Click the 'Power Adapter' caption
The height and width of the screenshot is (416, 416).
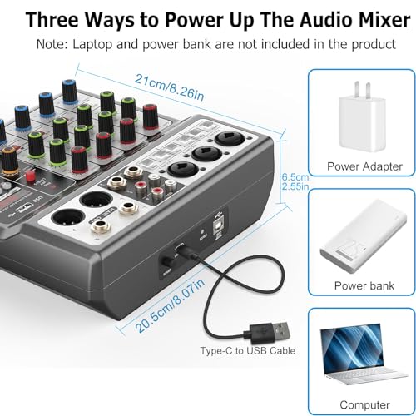pos(359,166)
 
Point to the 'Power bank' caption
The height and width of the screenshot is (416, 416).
pos(359,285)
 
